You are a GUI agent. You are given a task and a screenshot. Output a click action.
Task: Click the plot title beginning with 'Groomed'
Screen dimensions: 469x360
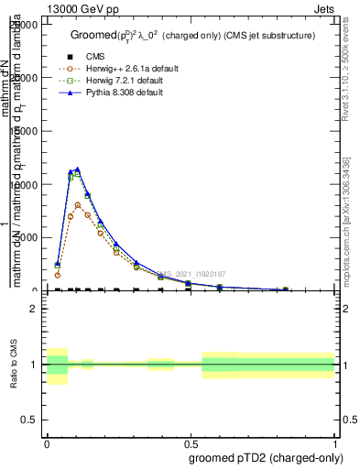[192, 35]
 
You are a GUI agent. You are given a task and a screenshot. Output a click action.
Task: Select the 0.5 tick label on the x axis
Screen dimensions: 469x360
[190, 442]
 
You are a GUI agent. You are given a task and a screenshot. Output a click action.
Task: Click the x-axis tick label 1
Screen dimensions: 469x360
[334, 442]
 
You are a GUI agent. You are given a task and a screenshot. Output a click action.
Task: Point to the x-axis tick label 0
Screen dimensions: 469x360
[46, 442]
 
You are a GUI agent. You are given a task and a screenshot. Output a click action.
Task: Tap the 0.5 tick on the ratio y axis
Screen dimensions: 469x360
[29, 420]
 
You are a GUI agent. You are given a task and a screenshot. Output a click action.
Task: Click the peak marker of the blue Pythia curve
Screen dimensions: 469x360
[78, 169]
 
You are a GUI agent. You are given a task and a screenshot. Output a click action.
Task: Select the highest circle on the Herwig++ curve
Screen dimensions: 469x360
[78, 205]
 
